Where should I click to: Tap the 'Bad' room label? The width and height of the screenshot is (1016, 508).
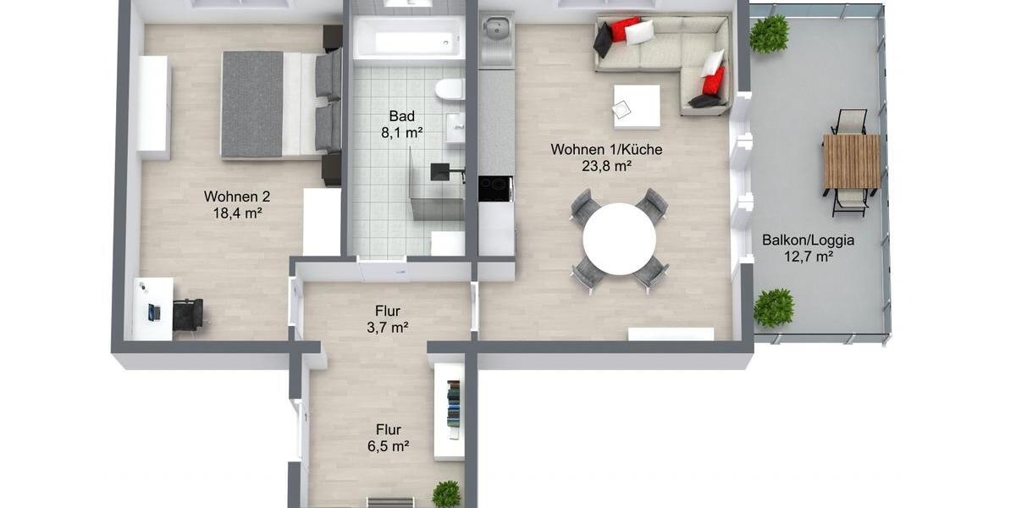[401, 116]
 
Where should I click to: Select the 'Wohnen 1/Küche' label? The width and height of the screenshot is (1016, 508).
[606, 150]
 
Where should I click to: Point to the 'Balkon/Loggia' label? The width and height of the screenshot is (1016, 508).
[808, 240]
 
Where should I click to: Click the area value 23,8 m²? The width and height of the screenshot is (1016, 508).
[606, 167]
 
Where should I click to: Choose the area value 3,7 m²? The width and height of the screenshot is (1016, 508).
[388, 328]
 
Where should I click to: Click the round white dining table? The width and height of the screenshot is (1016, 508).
[619, 239]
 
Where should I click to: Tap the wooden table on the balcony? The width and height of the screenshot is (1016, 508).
[852, 162]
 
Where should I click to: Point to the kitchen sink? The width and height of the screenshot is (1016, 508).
[496, 34]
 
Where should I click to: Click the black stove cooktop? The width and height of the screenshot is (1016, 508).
[495, 188]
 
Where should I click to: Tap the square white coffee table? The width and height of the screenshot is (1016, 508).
[637, 107]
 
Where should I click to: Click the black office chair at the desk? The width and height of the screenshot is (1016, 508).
[188, 314]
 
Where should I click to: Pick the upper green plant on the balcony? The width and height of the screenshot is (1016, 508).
[769, 34]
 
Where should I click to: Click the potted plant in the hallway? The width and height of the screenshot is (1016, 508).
[446, 494]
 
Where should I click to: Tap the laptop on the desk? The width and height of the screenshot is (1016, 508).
[153, 312]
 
